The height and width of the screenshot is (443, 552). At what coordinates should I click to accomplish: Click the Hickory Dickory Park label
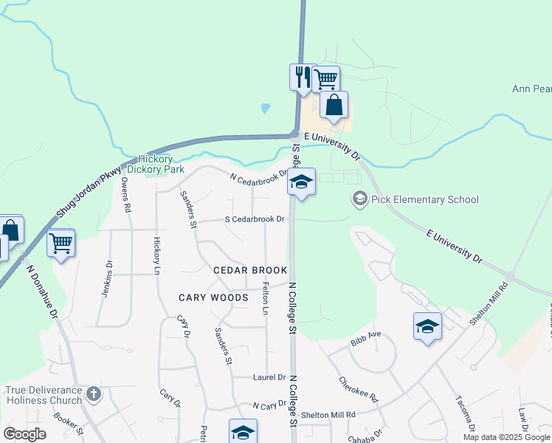[155, 164]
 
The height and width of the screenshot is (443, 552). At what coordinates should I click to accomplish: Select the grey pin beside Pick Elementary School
[359, 199]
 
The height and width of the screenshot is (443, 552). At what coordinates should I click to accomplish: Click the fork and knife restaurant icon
[302, 77]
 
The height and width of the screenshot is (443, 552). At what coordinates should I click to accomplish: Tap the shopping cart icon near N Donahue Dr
[61, 243]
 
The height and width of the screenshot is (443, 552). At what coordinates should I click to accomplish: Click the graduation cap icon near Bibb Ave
[427, 326]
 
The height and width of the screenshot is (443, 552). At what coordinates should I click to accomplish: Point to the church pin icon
[93, 393]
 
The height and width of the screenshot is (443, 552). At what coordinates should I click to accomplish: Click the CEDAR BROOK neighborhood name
[249, 271]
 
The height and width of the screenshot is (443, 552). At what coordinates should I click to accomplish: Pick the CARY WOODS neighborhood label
[213, 298]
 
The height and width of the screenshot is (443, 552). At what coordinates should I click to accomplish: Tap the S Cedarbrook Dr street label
[255, 219]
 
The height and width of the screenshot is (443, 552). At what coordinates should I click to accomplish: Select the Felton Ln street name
[266, 301]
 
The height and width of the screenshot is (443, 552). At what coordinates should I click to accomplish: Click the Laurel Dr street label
[269, 377]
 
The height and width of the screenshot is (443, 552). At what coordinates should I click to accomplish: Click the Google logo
[25, 434]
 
